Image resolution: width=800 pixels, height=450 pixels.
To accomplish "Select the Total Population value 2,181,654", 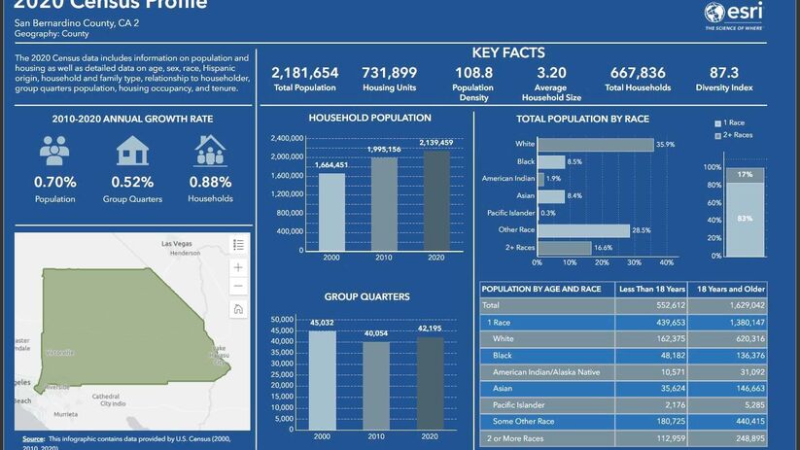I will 304,73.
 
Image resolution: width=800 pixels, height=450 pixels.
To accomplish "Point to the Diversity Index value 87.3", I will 724,73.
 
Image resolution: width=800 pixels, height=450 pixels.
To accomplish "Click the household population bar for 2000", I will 331,211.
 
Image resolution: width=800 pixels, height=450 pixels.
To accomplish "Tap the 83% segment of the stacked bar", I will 745,220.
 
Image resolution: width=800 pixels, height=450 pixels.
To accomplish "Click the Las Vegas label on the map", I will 177,243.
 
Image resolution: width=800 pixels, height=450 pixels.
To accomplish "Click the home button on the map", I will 238,309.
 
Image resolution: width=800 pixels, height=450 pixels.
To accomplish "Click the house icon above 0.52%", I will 132,152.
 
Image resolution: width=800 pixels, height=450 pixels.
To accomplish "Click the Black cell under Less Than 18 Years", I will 644,356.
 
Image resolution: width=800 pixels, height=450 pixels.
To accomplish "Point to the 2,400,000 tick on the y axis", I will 283,138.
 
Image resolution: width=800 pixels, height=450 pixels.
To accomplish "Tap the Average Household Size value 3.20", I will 551,73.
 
